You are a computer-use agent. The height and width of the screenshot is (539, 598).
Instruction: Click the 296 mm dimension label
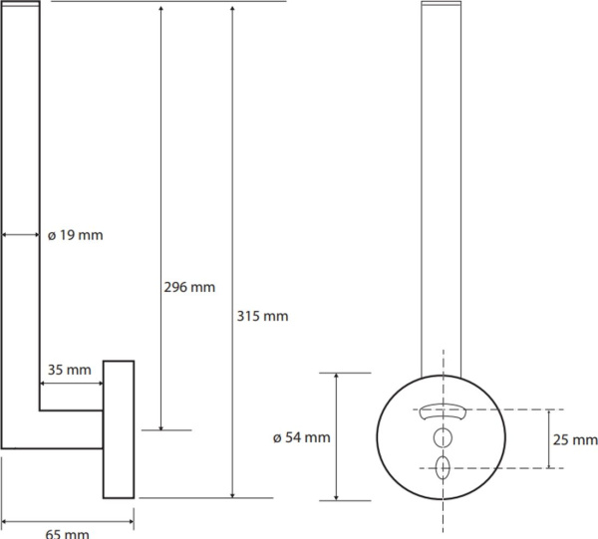coord(189,287)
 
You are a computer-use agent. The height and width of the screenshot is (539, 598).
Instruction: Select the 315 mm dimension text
coord(262,316)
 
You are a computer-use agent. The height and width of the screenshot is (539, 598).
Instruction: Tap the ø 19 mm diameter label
coord(76,235)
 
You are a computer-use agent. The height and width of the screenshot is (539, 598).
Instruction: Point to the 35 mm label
coord(70,370)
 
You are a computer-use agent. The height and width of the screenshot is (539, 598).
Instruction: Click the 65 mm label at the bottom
coord(67,534)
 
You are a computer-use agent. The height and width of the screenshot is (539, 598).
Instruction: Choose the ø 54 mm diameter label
coord(302,437)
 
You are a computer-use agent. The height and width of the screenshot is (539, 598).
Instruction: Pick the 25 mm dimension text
coord(575,440)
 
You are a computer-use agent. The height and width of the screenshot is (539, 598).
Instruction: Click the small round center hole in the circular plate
coord(443,437)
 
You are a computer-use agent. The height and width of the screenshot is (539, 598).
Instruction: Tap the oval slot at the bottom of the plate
coord(443,467)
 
